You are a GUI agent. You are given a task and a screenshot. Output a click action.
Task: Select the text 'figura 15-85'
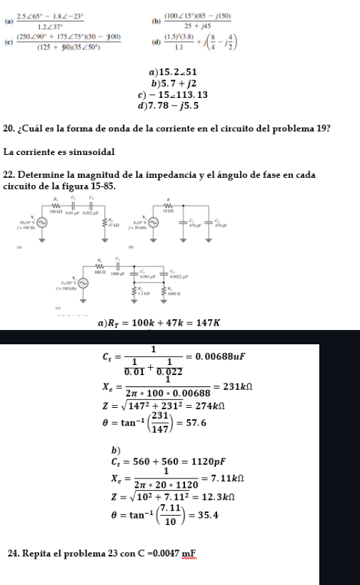(x=86, y=187)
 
